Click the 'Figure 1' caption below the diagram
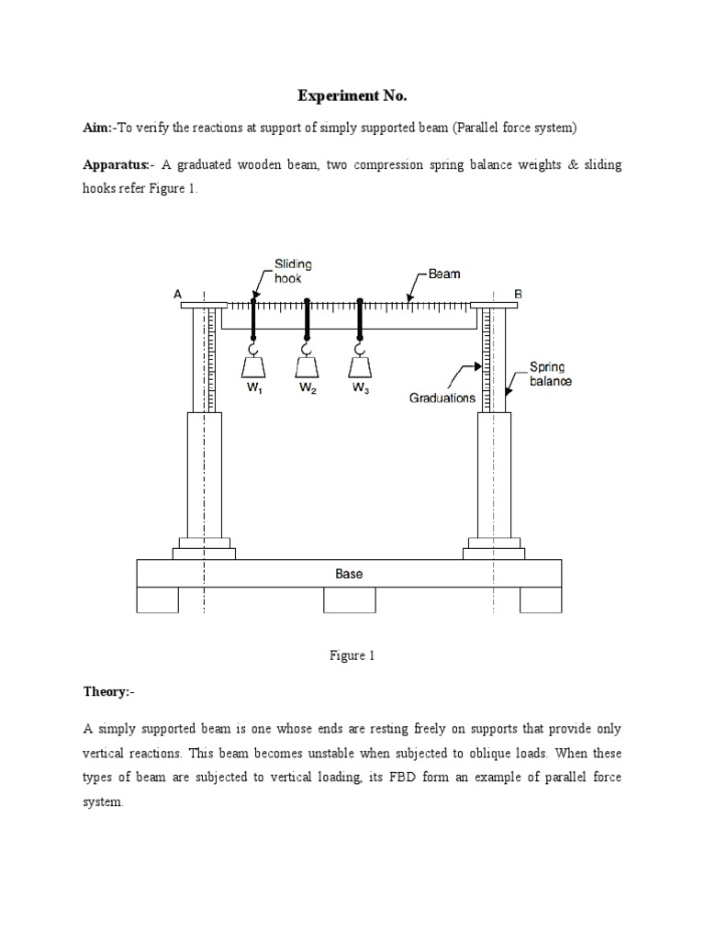coord(352,655)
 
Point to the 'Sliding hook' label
coord(288,271)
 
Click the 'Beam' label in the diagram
coord(444,274)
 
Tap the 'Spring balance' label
coord(550,374)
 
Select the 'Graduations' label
coord(442,398)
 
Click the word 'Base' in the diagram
coord(349,574)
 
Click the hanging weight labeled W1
coord(254,366)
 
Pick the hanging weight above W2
coord(308,366)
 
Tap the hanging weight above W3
coord(361,366)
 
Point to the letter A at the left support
coord(178,294)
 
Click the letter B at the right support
coord(518,294)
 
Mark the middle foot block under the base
coord(349,599)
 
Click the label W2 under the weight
coord(308,388)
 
